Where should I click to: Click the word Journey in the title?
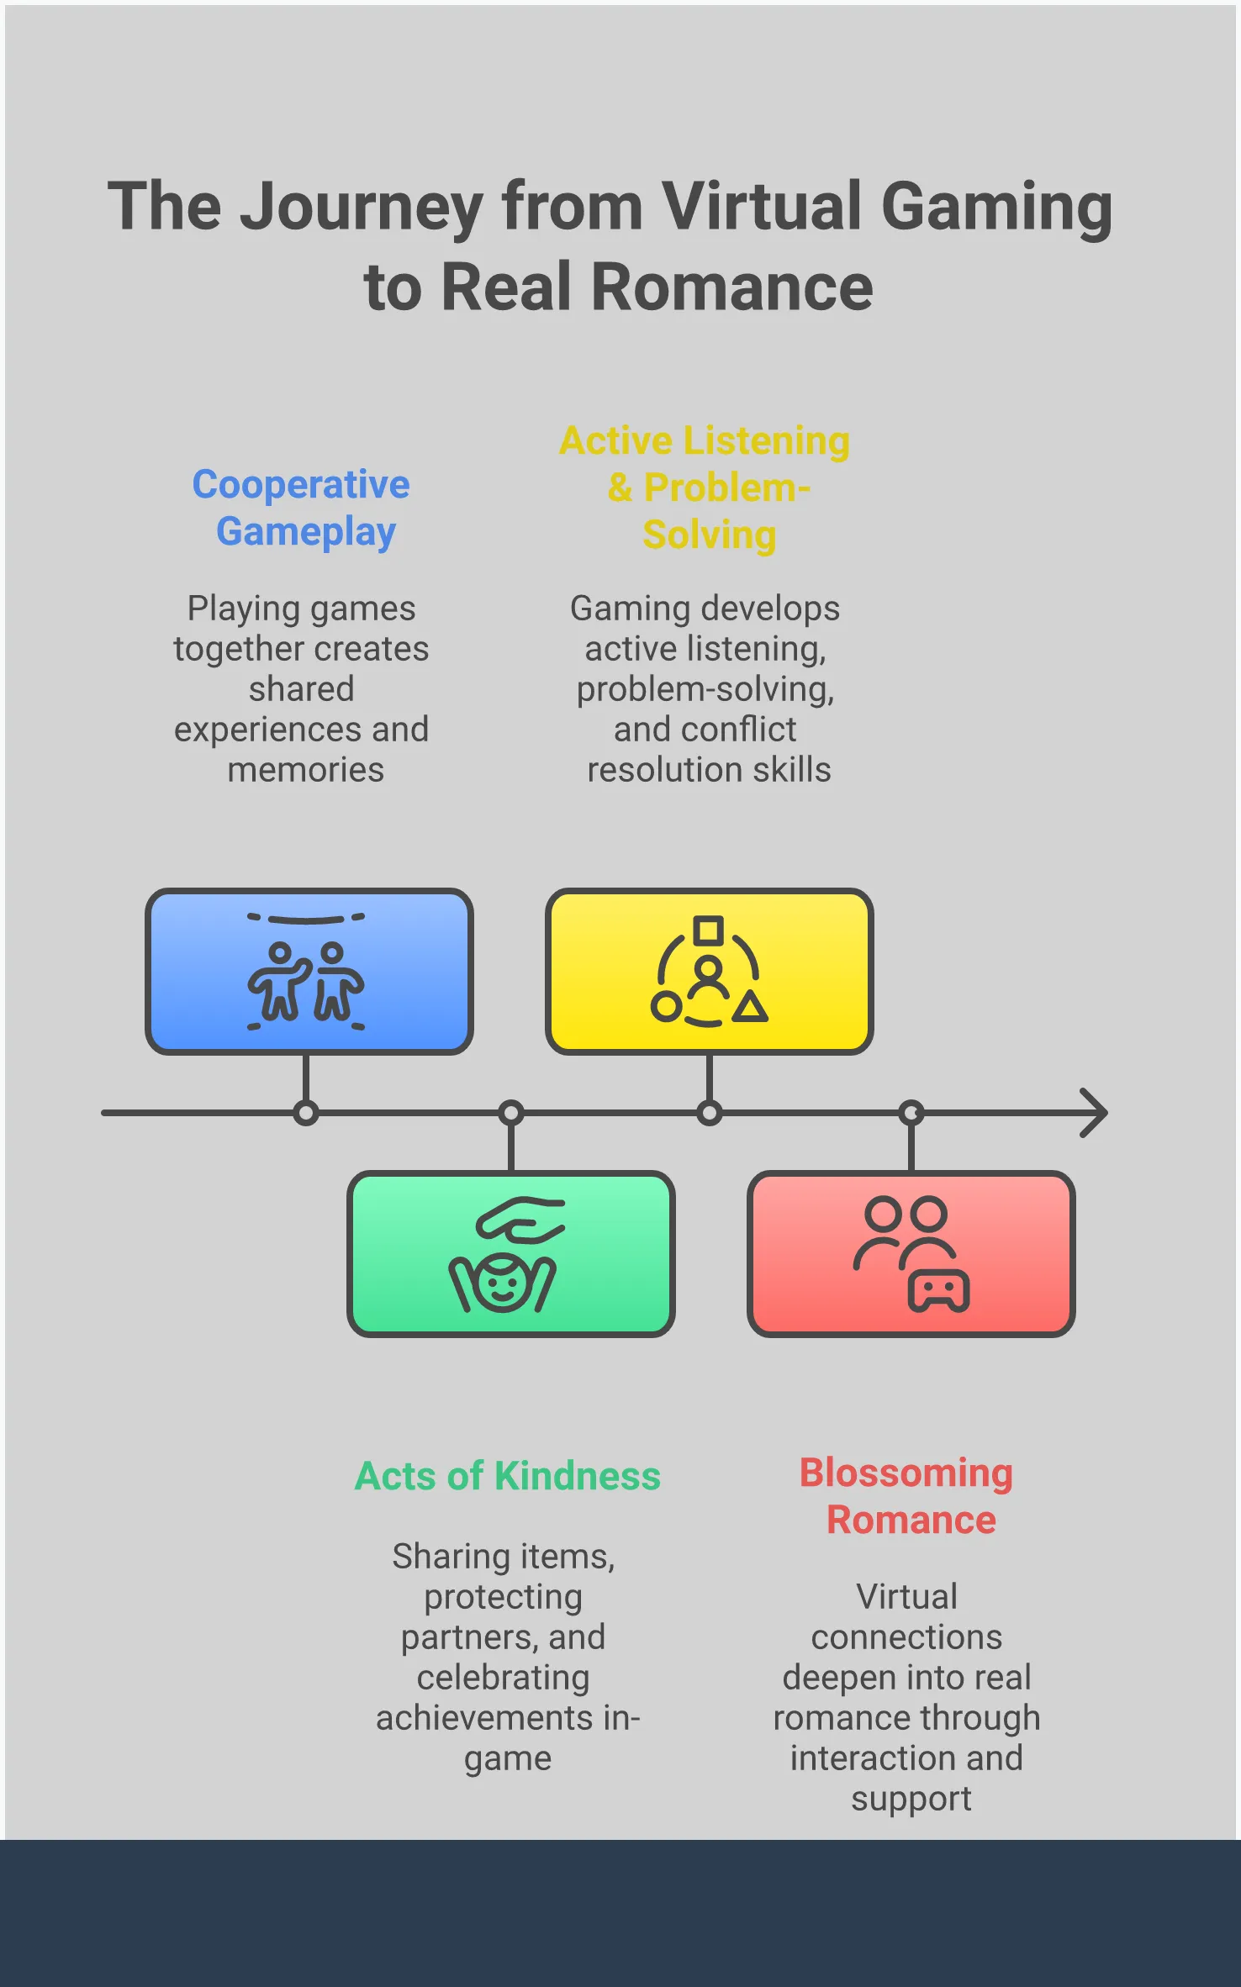point(361,208)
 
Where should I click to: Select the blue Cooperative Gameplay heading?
point(302,508)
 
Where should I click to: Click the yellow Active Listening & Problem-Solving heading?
point(705,488)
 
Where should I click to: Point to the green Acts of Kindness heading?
point(508,1476)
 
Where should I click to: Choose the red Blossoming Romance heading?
point(907,1496)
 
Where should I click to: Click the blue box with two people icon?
point(309,971)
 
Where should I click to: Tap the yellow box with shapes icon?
point(709,971)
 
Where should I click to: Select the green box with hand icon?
point(510,1253)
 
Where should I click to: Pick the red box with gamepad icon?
point(911,1253)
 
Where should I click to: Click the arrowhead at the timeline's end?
point(1095,1113)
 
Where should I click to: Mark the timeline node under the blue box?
point(306,1114)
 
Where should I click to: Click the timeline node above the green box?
point(511,1114)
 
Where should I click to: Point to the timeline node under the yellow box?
point(710,1114)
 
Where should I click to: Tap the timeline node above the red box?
point(911,1114)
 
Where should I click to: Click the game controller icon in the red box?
point(938,1290)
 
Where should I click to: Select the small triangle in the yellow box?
point(750,1007)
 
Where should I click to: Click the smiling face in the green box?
point(502,1283)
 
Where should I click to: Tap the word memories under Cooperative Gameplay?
point(306,770)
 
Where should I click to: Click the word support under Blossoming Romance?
point(911,1799)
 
